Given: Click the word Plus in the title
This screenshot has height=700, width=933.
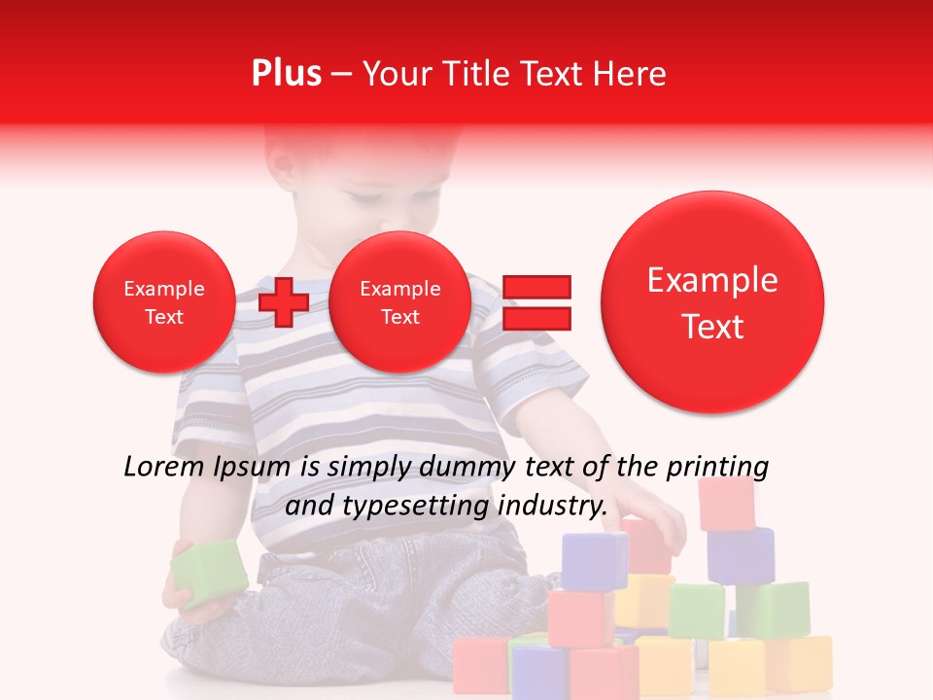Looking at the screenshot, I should coord(286,74).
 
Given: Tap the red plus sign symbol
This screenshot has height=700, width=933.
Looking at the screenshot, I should coord(284,301).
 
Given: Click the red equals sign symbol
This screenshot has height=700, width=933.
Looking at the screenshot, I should coord(536,302).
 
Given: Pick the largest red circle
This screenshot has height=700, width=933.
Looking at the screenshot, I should coord(712,302).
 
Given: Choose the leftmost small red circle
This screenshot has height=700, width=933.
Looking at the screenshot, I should coord(163,302).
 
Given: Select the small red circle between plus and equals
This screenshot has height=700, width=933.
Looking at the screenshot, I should coord(399,302).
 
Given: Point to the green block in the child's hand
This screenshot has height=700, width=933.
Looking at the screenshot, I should coord(209,574).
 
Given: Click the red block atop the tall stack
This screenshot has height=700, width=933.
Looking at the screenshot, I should coord(727,504).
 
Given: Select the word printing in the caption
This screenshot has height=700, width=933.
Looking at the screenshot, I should coord(718,467).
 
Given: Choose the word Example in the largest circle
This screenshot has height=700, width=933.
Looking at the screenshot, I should coord(712,280).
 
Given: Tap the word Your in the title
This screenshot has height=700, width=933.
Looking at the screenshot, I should coord(394,74).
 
